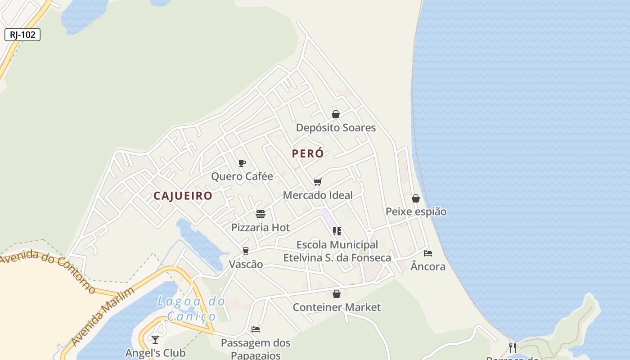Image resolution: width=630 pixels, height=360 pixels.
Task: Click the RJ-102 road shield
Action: click(22, 35)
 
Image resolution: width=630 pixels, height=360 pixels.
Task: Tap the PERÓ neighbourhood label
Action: click(308, 153)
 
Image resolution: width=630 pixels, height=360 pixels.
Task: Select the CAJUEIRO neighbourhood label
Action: click(183, 196)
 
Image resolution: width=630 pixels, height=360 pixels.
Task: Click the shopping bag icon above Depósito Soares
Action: click(336, 114)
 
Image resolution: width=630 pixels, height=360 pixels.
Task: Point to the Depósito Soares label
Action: click(336, 128)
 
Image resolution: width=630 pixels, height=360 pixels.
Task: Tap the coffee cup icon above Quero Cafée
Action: click(242, 163)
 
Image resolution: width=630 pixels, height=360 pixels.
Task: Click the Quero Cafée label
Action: click(242, 176)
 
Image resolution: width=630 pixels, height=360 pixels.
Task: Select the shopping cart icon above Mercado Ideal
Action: click(318, 182)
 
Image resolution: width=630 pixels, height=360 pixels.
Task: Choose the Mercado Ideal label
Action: click(318, 195)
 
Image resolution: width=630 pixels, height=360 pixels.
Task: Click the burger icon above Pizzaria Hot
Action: click(261, 214)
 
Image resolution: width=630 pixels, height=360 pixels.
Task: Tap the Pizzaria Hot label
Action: click(261, 228)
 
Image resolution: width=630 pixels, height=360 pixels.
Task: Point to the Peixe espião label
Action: click(416, 211)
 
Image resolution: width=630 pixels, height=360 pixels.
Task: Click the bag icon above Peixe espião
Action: click(416, 198)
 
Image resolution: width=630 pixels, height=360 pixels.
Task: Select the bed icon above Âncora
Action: click(428, 253)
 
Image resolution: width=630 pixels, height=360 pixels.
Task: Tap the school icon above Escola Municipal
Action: click(337, 231)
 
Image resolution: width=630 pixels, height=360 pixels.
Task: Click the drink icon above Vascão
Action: click(246, 251)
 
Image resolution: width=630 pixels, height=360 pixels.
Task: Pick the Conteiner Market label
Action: click(337, 307)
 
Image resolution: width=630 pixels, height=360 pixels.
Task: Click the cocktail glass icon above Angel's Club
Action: click(155, 339)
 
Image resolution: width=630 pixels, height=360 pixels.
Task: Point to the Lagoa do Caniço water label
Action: click(191, 309)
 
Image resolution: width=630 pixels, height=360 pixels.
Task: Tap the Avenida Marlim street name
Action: click(103, 317)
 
